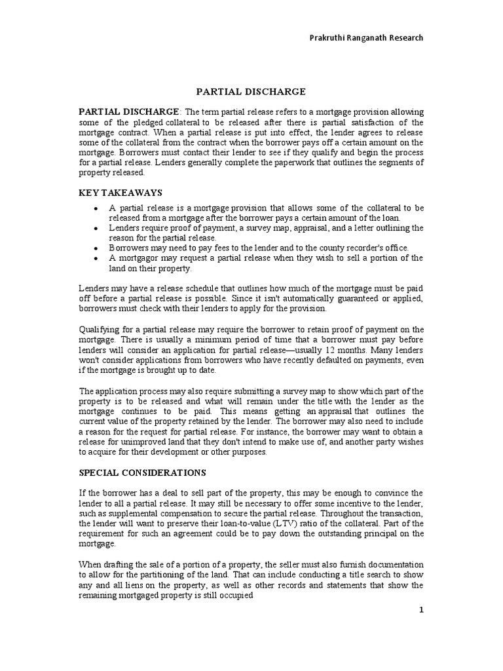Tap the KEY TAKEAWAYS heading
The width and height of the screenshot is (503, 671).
click(121, 192)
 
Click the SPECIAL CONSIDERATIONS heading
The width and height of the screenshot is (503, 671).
click(142, 472)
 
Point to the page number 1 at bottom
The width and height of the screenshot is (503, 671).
click(422, 610)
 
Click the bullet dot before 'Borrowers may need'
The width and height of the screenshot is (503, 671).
click(96, 248)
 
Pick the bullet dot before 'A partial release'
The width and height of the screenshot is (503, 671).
click(96, 208)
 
